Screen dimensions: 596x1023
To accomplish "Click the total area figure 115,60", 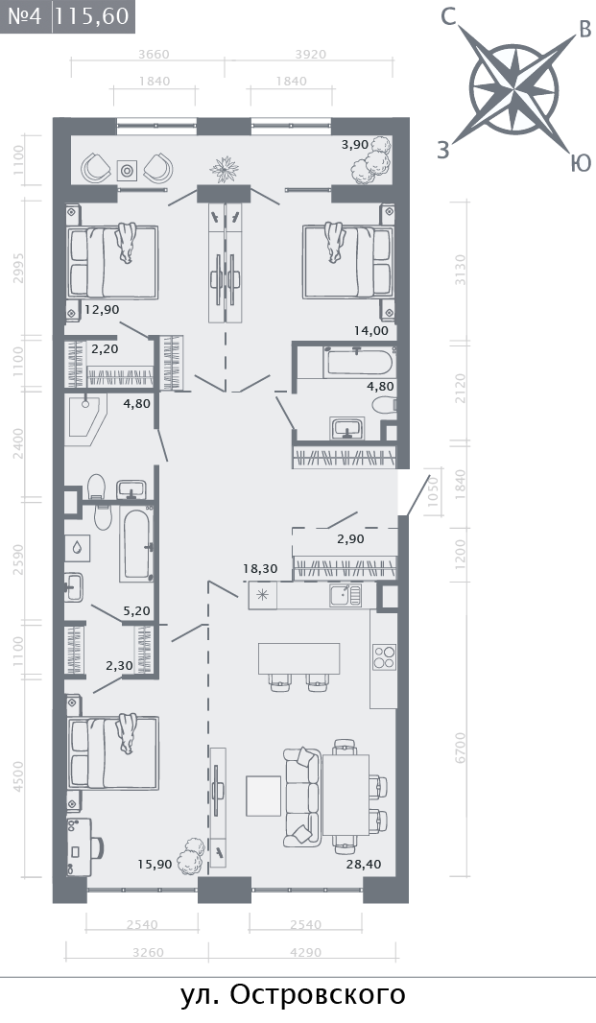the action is pyautogui.click(x=92, y=15).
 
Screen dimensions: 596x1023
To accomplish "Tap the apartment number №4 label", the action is pyautogui.click(x=25, y=15).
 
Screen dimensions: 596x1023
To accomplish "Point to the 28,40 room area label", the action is pyautogui.click(x=364, y=864).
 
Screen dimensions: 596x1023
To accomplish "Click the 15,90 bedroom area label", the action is pyautogui.click(x=155, y=864).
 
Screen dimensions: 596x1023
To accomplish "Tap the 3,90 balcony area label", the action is pyautogui.click(x=355, y=145).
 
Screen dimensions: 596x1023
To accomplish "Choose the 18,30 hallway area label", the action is pyautogui.click(x=260, y=569).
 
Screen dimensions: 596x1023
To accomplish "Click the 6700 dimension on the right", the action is pyautogui.click(x=462, y=749).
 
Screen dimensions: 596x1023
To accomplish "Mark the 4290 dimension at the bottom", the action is pyautogui.click(x=305, y=952).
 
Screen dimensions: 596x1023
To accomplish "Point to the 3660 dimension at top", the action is pyautogui.click(x=155, y=55).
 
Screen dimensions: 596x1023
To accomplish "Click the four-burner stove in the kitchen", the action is pyautogui.click(x=384, y=656).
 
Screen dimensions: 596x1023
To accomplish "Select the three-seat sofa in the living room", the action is pyautogui.click(x=301, y=794).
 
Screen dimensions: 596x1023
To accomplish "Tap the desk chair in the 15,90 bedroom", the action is pyautogui.click(x=98, y=847).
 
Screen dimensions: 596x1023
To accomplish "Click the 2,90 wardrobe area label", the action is pyautogui.click(x=350, y=539).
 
